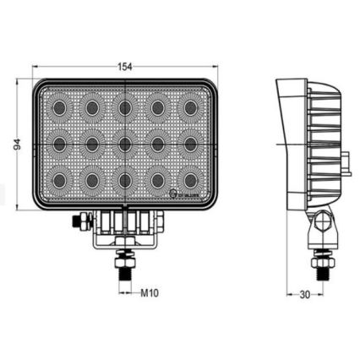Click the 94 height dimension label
pos(17,145)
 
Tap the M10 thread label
pos(150,293)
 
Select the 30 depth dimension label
pos(306,294)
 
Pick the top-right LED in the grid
pos(191,108)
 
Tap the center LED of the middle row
pos(125,144)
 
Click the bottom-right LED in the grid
pos(191,180)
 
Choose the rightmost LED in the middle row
pos(191,144)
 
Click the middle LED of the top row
pos(125,108)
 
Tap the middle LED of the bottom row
pos(125,180)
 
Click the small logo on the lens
pos(174,195)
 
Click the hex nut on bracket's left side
pos(79,221)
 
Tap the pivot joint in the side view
pos(321,225)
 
